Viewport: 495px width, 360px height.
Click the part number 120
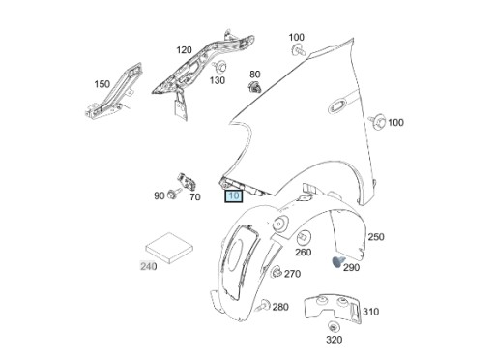pyautogui.click(x=184, y=49)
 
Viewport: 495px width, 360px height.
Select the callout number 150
pyautogui.click(x=102, y=84)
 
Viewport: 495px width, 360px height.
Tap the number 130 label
pyautogui.click(x=217, y=80)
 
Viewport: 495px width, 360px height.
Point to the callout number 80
pyautogui.click(x=255, y=74)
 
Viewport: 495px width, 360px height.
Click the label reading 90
pyautogui.click(x=160, y=196)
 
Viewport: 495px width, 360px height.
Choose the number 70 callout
pyautogui.click(x=194, y=196)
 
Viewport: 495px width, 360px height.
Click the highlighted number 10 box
pyautogui.click(x=233, y=195)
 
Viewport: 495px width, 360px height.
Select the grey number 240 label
pyautogui.click(x=148, y=266)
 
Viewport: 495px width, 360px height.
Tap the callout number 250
pyautogui.click(x=376, y=237)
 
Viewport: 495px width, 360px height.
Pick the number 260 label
pyautogui.click(x=304, y=253)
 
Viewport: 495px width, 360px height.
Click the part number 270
pyautogui.click(x=292, y=274)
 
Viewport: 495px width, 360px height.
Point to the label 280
pyautogui.click(x=280, y=307)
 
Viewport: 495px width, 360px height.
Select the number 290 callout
pyautogui.click(x=351, y=267)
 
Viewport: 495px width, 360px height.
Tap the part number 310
pyautogui.click(x=371, y=312)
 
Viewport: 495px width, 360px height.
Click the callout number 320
pyautogui.click(x=334, y=340)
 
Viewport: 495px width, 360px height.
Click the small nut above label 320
pyautogui.click(x=333, y=325)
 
